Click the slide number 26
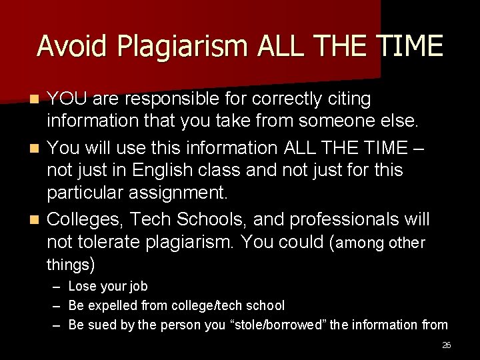(x=446, y=345)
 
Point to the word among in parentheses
(x=365, y=243)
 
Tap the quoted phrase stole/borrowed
(x=277, y=325)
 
